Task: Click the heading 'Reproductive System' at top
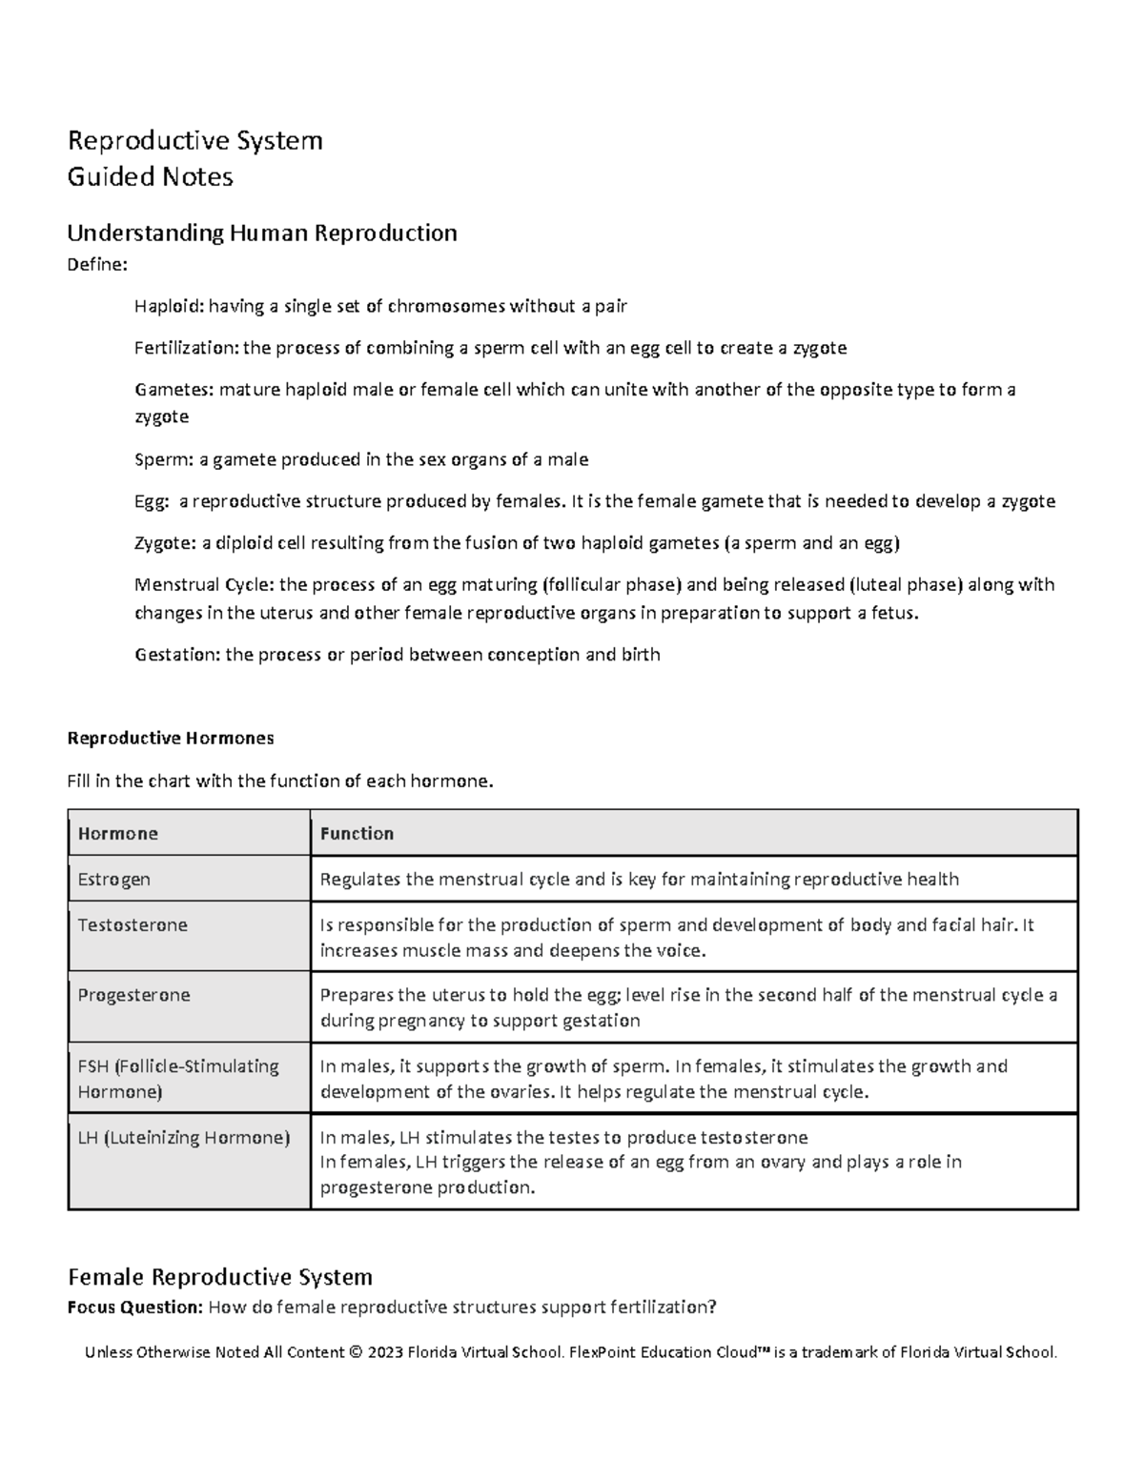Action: click(194, 141)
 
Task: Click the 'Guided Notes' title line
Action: click(150, 177)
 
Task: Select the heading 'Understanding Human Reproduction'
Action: click(262, 233)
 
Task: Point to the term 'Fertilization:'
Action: click(186, 348)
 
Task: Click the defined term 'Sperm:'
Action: click(163, 459)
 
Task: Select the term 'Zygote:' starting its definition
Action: click(165, 543)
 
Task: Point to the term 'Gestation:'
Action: click(176, 655)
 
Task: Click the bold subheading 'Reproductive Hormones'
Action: click(170, 738)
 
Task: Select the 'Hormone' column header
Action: click(118, 834)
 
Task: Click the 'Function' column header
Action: click(357, 834)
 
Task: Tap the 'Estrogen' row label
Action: click(114, 879)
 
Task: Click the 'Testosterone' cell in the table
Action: click(133, 924)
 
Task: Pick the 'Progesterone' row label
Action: click(134, 995)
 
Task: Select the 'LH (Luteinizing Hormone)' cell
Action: click(184, 1137)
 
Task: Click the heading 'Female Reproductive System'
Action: click(219, 1276)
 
